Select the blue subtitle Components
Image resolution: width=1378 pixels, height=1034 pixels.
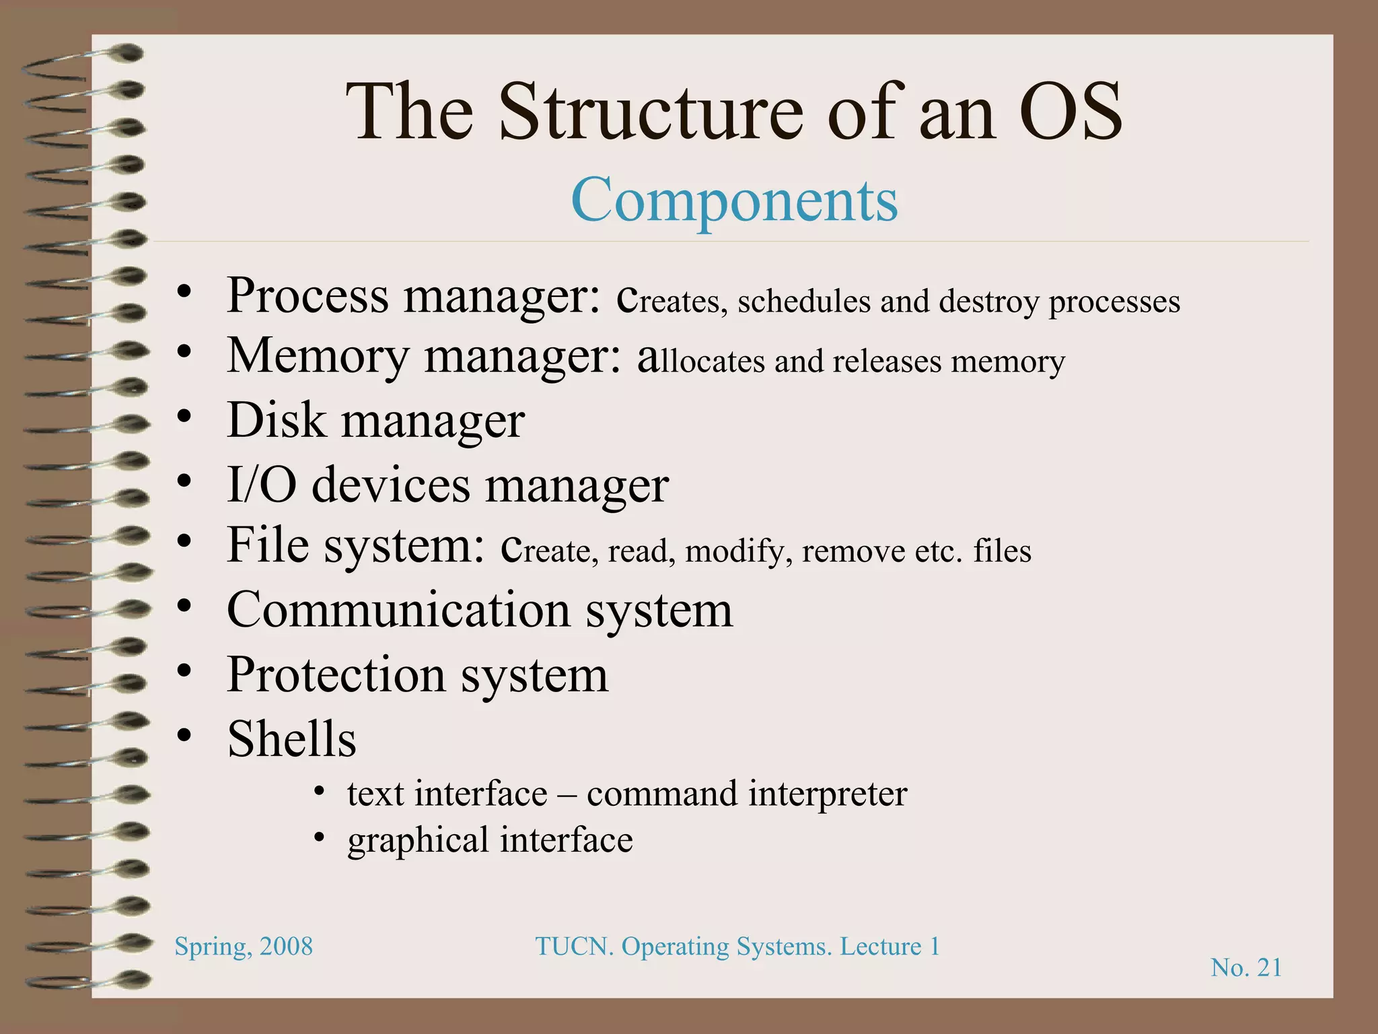(734, 200)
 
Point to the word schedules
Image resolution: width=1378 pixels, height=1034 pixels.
(804, 301)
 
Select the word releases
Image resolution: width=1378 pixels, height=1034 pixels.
(887, 361)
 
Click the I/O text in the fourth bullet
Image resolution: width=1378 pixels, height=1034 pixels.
(261, 484)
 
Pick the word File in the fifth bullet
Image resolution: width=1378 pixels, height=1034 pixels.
(268, 545)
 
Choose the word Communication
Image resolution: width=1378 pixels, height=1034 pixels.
(398, 610)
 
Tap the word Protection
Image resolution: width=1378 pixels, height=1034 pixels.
(336, 675)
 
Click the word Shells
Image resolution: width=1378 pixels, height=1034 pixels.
(291, 738)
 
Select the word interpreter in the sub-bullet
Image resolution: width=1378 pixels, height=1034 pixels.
(827, 794)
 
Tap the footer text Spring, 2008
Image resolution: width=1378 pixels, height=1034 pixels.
(244, 946)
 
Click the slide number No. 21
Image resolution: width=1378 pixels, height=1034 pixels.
(1246, 967)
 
